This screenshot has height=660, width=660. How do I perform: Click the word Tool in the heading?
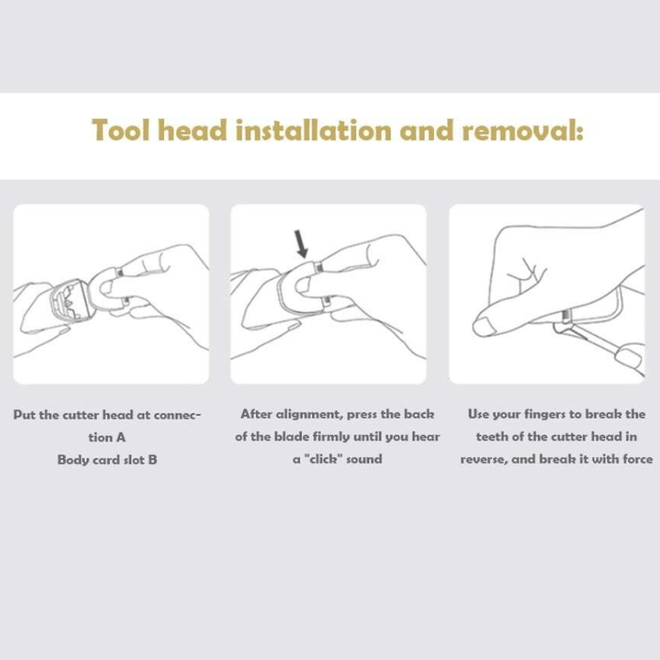(x=120, y=130)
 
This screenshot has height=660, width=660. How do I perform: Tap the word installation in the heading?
(x=313, y=130)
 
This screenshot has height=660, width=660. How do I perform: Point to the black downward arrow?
(x=301, y=244)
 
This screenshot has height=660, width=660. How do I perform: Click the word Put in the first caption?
(x=25, y=415)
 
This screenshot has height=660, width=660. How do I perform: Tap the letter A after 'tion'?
(x=120, y=438)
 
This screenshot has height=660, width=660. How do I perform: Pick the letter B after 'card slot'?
(x=153, y=460)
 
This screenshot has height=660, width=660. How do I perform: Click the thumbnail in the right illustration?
(x=485, y=327)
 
